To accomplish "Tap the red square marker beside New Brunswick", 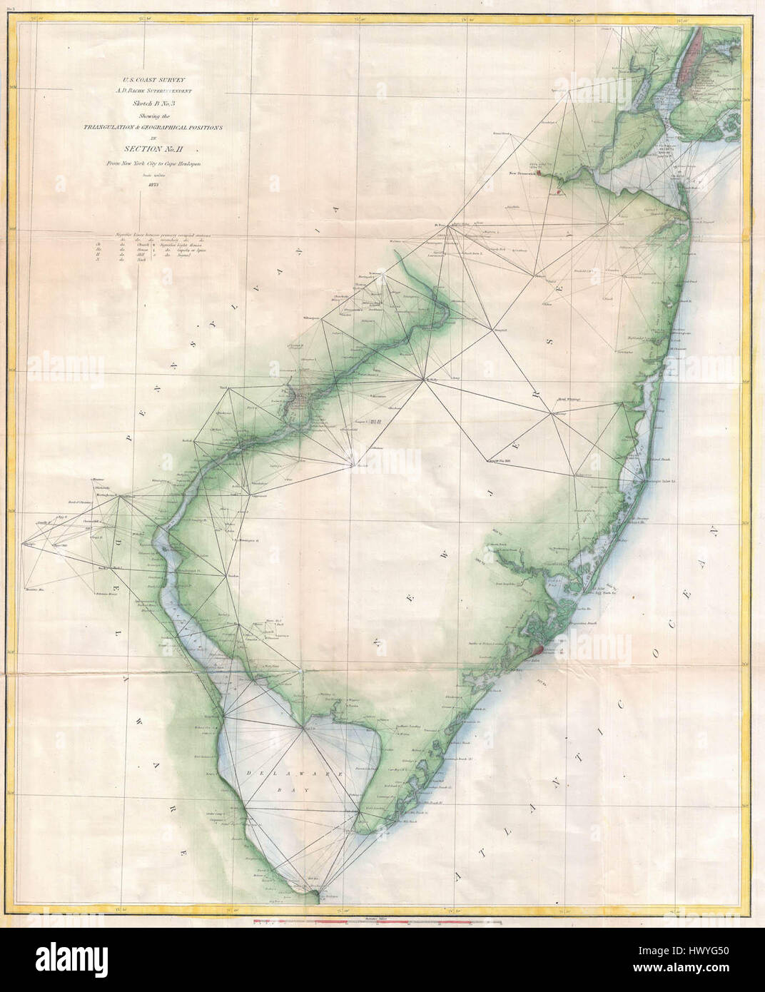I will pyautogui.click(x=540, y=173).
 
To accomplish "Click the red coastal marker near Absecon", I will pyautogui.click(x=538, y=649).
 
